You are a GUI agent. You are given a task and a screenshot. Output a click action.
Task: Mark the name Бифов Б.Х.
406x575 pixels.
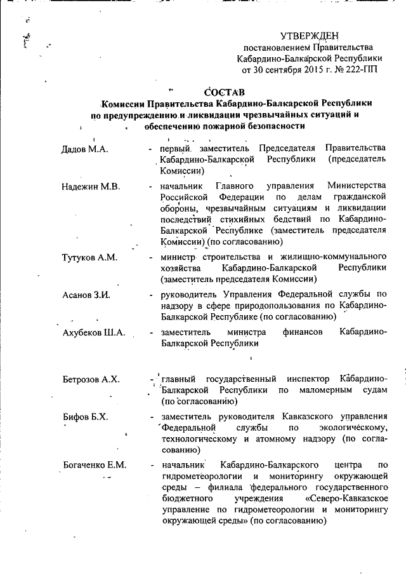pos(86,416)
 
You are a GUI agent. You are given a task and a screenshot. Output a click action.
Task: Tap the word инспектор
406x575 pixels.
pos(304,379)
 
